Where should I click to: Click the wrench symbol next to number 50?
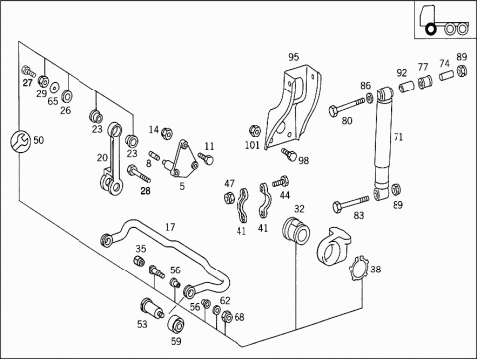tap(20, 141)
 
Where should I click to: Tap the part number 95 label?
tap(293, 57)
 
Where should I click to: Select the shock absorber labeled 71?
tap(385, 143)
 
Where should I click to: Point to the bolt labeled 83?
tap(351, 203)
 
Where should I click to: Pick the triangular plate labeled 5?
tap(182, 158)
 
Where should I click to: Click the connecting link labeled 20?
tap(111, 159)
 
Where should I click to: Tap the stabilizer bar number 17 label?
tap(170, 227)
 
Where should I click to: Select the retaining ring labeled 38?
tap(358, 269)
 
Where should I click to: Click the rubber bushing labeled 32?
tap(296, 230)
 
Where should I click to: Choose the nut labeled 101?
tap(254, 131)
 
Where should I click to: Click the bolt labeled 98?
tap(289, 154)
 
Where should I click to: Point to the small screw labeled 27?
tap(28, 71)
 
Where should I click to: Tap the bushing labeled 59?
tap(176, 325)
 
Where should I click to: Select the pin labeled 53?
tap(152, 308)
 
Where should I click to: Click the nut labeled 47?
tap(229, 198)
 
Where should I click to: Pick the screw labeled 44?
tap(281, 182)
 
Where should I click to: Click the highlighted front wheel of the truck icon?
tap(431, 29)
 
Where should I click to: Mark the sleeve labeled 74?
tap(446, 75)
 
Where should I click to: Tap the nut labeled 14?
tap(167, 134)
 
